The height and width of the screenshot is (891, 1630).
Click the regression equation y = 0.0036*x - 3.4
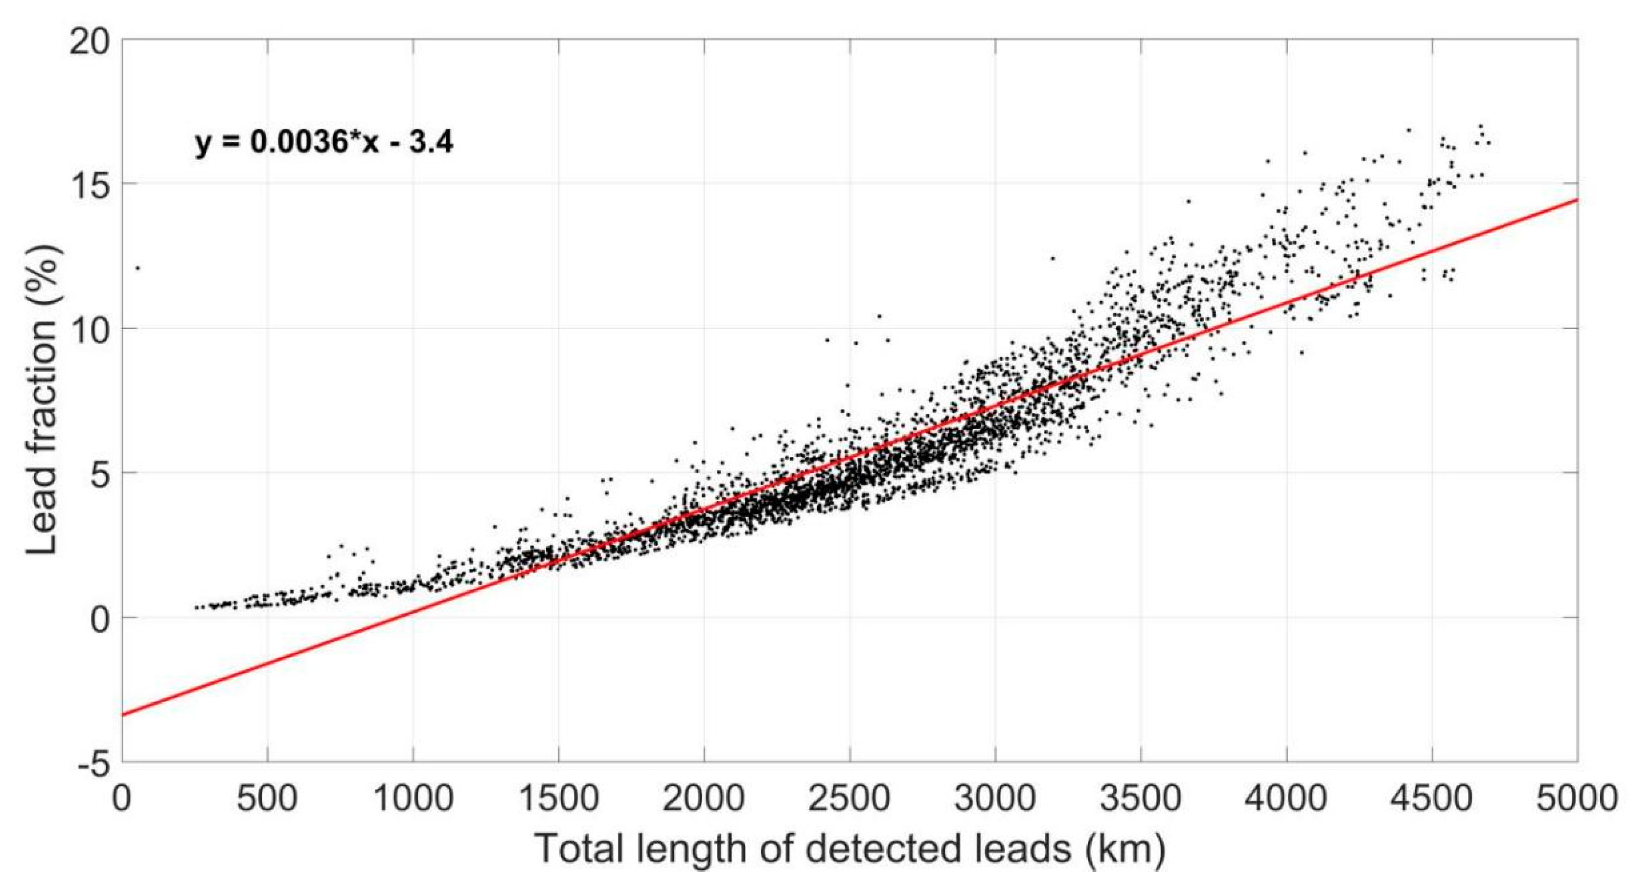324,143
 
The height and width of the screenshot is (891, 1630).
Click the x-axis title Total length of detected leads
850,848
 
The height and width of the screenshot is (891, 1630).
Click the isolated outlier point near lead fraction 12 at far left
138,268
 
